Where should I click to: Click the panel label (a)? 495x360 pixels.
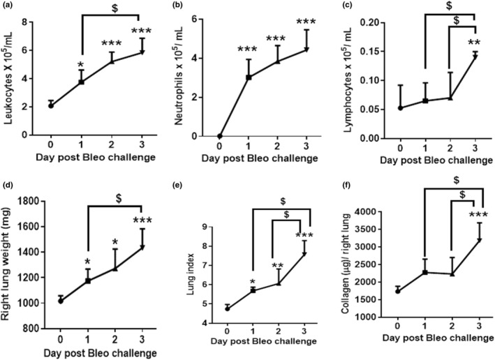pos(9,8)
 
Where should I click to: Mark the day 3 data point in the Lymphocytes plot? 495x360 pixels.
pos(475,56)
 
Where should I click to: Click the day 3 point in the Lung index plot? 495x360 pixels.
pos(304,255)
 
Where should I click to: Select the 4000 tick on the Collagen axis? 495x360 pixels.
pos(378,211)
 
